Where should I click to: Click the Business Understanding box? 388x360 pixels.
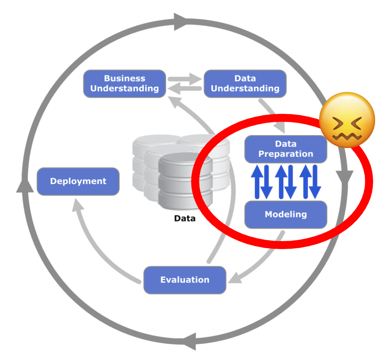(x=125, y=84)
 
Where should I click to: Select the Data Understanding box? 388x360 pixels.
(x=245, y=84)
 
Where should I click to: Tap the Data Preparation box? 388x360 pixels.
(x=285, y=149)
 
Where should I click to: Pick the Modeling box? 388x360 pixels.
(x=285, y=215)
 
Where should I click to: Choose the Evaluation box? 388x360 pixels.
(x=185, y=280)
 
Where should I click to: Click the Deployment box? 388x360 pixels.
(x=78, y=181)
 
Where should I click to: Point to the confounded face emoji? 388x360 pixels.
(x=347, y=120)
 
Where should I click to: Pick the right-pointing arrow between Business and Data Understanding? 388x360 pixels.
(x=185, y=78)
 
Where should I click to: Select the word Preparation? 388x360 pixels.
(x=285, y=154)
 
